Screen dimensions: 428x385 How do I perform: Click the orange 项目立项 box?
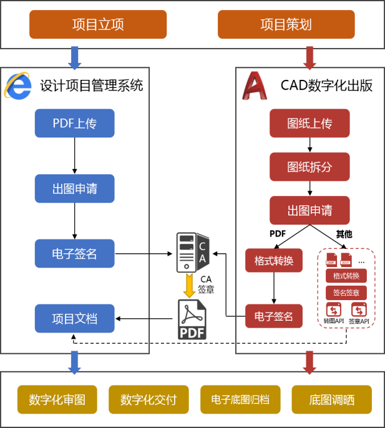pyautogui.click(x=98, y=25)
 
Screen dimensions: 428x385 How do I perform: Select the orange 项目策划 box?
pyautogui.click(x=286, y=25)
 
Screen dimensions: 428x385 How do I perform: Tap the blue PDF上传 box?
pyautogui.click(x=74, y=123)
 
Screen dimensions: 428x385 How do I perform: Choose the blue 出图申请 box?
pyautogui.click(x=74, y=188)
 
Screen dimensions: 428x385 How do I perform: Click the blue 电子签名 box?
pyautogui.click(x=74, y=254)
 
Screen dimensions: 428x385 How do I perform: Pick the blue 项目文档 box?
pyautogui.click(x=74, y=319)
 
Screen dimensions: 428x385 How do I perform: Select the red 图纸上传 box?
pyautogui.click(x=309, y=123)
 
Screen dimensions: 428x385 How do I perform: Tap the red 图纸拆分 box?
pyautogui.click(x=309, y=167)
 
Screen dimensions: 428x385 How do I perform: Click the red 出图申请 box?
pyautogui.click(x=309, y=210)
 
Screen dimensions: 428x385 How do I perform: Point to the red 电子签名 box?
pyautogui.click(x=273, y=316)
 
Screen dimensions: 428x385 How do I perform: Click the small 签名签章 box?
pyautogui.click(x=346, y=293)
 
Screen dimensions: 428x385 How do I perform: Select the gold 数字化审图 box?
pyautogui.click(x=57, y=399)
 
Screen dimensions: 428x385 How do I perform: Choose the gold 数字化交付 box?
pyautogui.click(x=149, y=399)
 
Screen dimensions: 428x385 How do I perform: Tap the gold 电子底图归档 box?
pyautogui.click(x=240, y=399)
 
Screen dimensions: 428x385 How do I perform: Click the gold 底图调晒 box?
pyautogui.click(x=331, y=399)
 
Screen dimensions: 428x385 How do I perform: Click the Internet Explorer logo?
pyautogui.click(x=17, y=86)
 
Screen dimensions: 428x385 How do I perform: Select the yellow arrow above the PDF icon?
pyautogui.click(x=190, y=286)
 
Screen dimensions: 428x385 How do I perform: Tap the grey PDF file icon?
pyautogui.click(x=192, y=320)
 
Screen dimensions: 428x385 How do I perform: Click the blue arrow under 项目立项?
pyautogui.click(x=74, y=57)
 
